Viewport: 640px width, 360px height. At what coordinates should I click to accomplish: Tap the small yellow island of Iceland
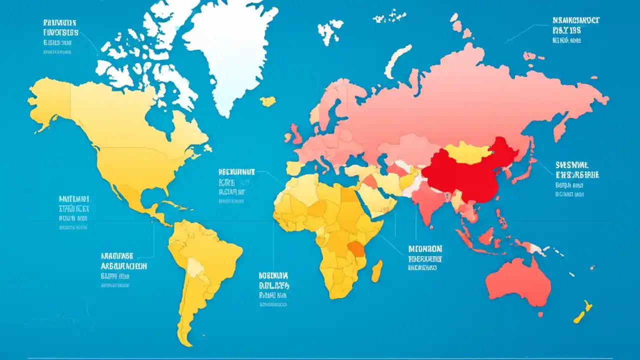[x=268, y=101]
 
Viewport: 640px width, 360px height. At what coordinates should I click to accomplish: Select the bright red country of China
[x=465, y=172]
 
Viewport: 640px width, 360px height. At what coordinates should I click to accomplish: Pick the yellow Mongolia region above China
[x=467, y=152]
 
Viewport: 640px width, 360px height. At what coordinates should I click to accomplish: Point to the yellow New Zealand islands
[x=582, y=312]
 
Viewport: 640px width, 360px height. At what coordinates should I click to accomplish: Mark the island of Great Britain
[x=296, y=132]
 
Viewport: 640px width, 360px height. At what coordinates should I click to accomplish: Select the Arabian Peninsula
[x=377, y=197]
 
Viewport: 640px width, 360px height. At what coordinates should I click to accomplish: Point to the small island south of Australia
[x=540, y=314]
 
